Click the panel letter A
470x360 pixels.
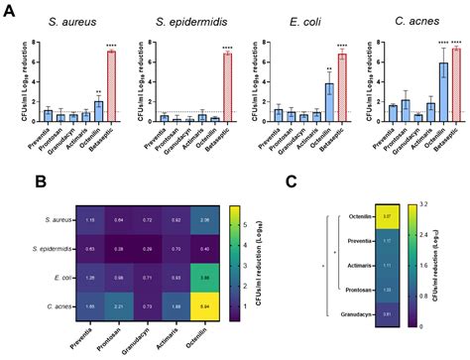tap(8, 9)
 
